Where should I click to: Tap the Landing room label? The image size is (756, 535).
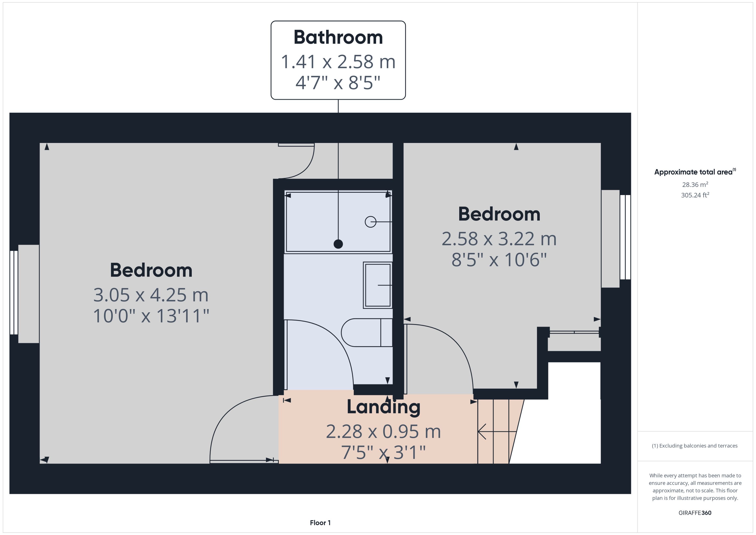tap(383, 407)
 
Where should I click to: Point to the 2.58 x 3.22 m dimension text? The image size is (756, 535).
tap(499, 239)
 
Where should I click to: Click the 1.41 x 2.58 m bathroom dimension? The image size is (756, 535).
tap(338, 62)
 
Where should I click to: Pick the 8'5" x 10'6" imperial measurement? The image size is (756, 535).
tap(499, 260)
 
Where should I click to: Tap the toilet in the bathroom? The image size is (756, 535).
tap(367, 332)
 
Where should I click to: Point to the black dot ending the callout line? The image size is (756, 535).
tap(338, 244)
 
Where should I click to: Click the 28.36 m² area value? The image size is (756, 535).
tap(695, 184)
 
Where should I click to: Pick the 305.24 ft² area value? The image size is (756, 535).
tap(695, 195)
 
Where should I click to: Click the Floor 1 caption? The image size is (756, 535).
tap(320, 522)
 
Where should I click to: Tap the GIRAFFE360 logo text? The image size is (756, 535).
tap(695, 513)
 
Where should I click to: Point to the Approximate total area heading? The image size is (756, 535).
tap(695, 172)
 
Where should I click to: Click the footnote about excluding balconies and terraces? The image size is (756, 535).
tap(695, 446)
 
